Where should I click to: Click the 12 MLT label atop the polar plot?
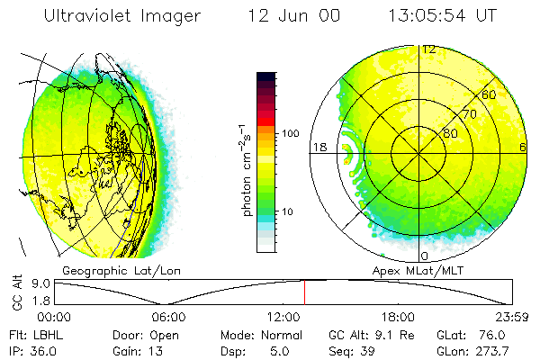pyautogui.click(x=429, y=49)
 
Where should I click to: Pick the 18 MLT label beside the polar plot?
pyautogui.click(x=318, y=148)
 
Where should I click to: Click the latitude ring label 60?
pyautogui.click(x=490, y=94)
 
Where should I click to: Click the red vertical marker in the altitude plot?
pyautogui.click(x=304, y=292)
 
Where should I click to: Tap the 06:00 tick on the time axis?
pyautogui.click(x=168, y=317)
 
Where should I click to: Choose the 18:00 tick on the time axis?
pyautogui.click(x=398, y=317)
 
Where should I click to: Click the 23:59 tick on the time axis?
pyautogui.click(x=511, y=317)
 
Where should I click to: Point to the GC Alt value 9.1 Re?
pyautogui.click(x=382, y=334)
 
